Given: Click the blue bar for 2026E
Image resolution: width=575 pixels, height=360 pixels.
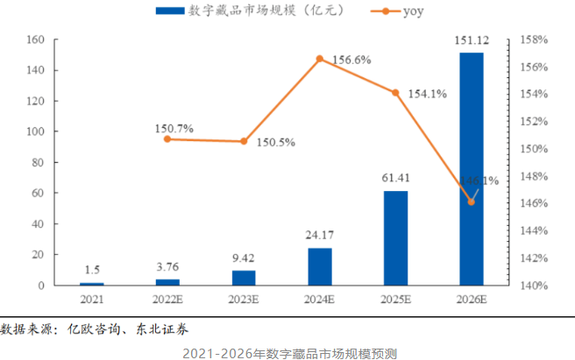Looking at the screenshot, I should (x=472, y=169).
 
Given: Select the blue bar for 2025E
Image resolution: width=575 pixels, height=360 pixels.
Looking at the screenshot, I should (x=395, y=238).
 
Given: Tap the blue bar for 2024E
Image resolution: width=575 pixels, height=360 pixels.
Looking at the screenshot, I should (x=320, y=266).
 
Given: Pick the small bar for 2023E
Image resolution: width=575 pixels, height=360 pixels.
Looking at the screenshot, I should (x=244, y=278).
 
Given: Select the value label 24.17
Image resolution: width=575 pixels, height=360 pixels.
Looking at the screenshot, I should (x=320, y=236).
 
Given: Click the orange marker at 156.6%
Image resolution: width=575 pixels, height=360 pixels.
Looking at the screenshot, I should (x=320, y=59).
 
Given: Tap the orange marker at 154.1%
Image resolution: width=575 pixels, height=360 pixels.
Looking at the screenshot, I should (x=395, y=93).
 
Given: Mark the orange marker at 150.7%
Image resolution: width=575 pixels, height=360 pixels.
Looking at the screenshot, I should (x=167, y=139).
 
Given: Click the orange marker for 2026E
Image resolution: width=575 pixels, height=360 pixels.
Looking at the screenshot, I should (x=472, y=201).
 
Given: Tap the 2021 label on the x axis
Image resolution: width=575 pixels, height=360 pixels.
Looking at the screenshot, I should (x=91, y=300).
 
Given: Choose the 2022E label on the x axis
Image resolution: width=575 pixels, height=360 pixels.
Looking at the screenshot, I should (x=167, y=300).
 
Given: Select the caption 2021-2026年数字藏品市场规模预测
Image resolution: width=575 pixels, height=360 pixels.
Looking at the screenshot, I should (x=289, y=352).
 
